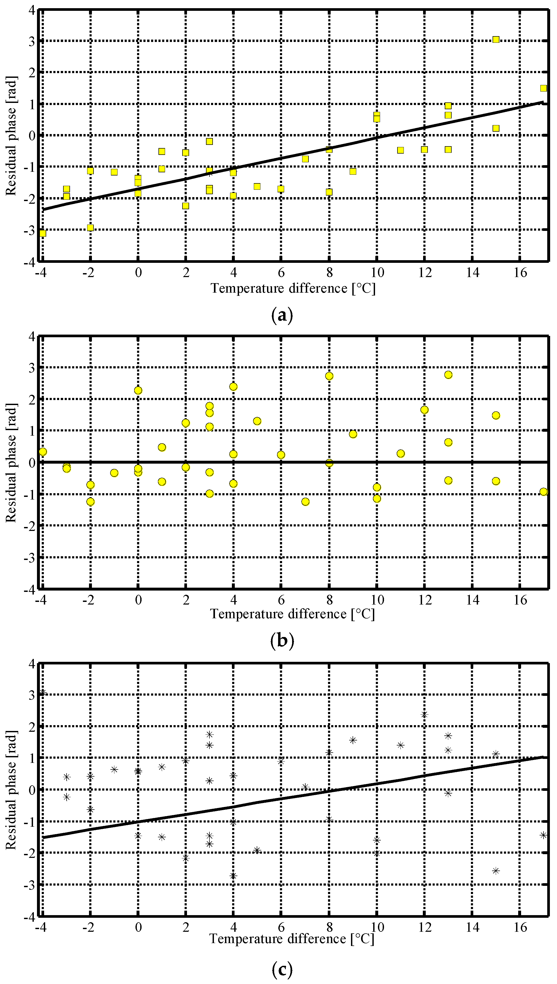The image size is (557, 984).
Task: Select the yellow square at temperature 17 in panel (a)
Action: click(543, 88)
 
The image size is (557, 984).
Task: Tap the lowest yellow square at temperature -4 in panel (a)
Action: click(43, 233)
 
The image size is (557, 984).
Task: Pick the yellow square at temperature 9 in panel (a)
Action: click(353, 172)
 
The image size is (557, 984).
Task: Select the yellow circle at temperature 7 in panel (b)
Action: click(305, 502)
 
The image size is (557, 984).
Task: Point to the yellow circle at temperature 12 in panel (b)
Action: click(424, 410)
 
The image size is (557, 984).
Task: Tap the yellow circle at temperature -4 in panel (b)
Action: click(43, 452)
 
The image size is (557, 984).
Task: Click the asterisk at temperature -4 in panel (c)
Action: click(43, 692)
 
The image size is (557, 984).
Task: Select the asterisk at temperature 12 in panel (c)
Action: click(424, 714)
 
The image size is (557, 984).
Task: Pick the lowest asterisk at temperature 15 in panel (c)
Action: click(496, 871)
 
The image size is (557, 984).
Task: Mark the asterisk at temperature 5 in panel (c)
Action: click(257, 850)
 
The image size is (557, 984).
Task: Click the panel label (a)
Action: click(282, 316)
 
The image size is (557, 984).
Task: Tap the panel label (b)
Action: click(282, 640)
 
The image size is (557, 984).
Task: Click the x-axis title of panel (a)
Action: click(293, 288)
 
